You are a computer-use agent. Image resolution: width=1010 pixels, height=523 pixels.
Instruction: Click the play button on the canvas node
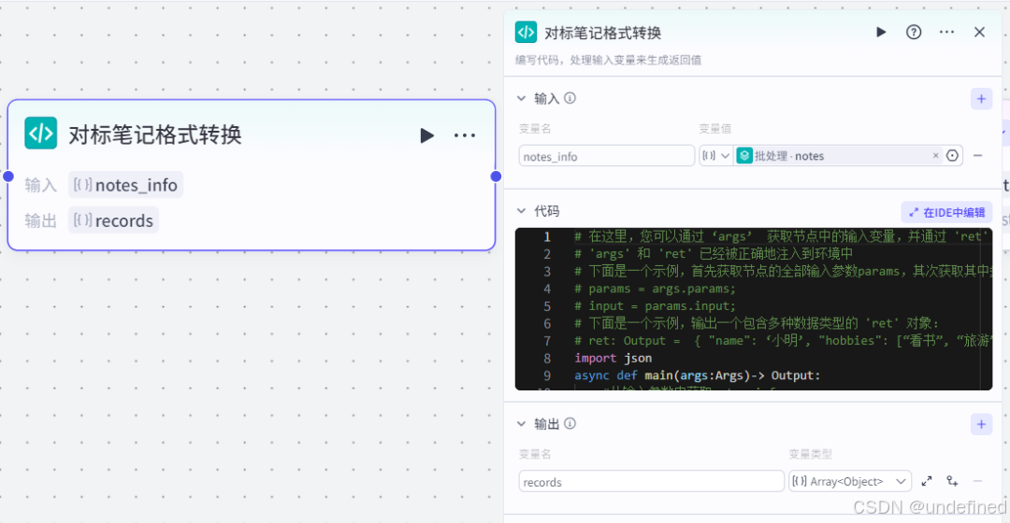[427, 135]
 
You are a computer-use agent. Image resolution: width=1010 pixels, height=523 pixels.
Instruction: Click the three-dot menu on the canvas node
[465, 135]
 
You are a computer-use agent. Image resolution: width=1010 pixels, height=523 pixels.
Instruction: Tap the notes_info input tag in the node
[126, 185]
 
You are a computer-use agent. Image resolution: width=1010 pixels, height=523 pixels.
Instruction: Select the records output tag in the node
[114, 220]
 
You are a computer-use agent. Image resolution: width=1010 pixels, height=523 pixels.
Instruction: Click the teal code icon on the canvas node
[40, 134]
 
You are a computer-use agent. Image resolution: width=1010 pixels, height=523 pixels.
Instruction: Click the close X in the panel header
[979, 32]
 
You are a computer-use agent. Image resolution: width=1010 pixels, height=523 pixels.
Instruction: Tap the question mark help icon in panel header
[914, 32]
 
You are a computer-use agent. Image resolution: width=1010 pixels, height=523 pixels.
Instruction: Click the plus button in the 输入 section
[981, 98]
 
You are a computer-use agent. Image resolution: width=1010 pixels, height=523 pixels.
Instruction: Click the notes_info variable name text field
[606, 156]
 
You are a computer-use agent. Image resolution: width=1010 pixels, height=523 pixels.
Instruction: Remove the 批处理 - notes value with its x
[935, 156]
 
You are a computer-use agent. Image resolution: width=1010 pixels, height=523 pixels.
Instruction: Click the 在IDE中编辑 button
[946, 212]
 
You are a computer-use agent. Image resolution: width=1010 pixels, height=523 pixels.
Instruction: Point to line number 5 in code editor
[547, 305]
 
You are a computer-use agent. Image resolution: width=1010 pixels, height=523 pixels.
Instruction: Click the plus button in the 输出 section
[981, 424]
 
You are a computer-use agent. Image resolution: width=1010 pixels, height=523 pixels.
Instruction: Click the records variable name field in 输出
[651, 482]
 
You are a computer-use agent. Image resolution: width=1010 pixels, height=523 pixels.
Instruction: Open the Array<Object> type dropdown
[850, 481]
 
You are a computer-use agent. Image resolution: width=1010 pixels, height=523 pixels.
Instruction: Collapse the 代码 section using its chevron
[522, 211]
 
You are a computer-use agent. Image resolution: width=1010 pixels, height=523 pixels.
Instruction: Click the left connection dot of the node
[8, 176]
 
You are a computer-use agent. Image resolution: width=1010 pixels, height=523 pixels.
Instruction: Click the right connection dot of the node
[496, 176]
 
